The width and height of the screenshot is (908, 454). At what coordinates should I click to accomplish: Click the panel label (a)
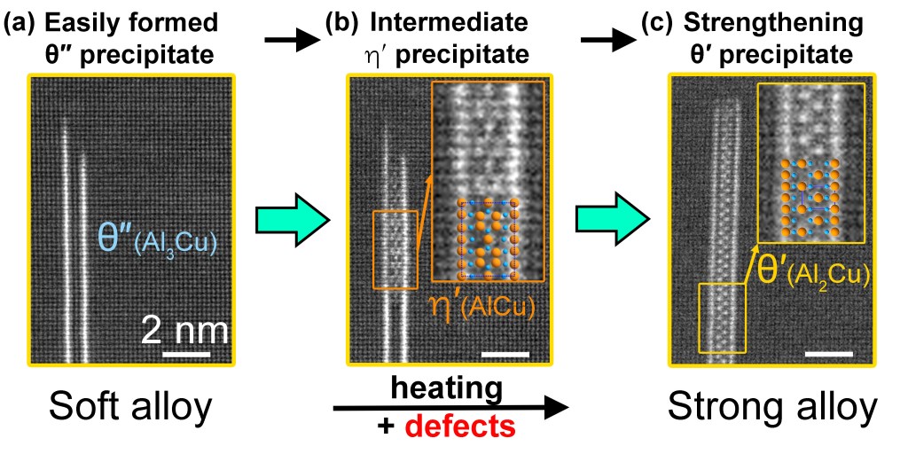[x=20, y=21]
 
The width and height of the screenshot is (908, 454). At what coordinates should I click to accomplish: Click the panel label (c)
[x=654, y=21]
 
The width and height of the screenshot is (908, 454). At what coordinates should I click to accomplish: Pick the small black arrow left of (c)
[x=608, y=40]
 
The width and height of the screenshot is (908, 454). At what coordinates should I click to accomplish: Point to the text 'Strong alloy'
[x=771, y=407]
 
